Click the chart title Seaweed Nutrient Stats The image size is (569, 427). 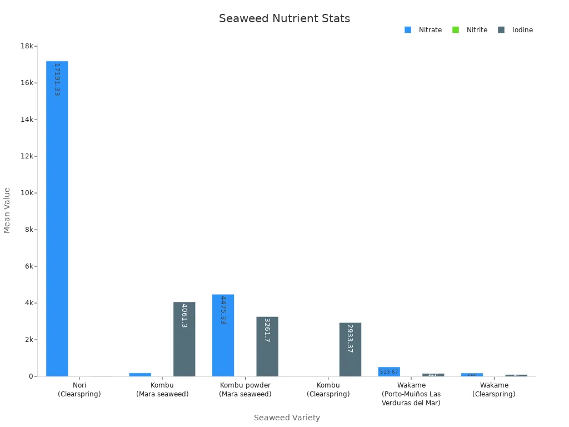coord(284,19)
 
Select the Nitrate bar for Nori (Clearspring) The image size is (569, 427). coord(57,222)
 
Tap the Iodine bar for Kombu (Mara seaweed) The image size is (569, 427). coord(184,339)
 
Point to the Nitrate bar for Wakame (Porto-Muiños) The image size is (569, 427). coord(389,371)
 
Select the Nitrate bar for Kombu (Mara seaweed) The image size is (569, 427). coord(140,374)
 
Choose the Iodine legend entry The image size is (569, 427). coord(516,30)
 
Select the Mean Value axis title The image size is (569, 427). coord(7,210)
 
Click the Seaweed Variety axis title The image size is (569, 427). coord(287,418)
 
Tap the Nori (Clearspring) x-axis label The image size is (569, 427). coord(79,390)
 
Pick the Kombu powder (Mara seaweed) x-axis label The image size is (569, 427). coord(245,390)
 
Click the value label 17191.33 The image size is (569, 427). coord(57,80)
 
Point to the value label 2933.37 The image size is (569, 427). coord(350,339)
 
